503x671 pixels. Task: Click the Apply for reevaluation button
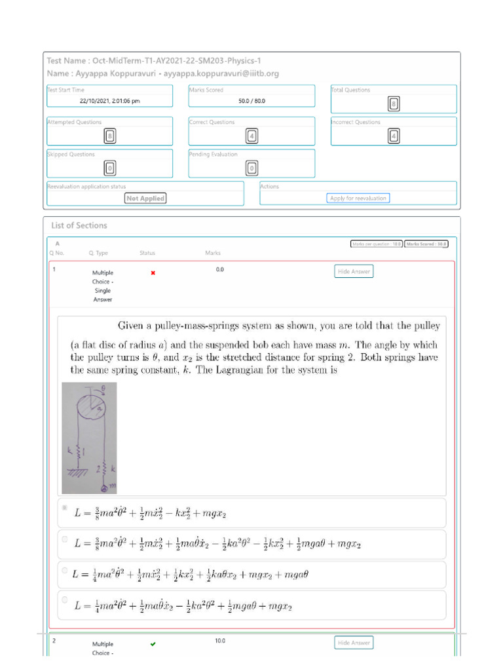[358, 198]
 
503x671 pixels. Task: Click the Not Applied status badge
[145, 198]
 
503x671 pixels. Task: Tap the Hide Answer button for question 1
[354, 271]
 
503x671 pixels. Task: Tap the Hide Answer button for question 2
[354, 643]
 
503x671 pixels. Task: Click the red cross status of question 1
[153, 273]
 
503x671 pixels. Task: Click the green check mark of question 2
[153, 644]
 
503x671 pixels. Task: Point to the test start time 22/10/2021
[109, 102]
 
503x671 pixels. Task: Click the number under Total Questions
[394, 104]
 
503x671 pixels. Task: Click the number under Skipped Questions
[110, 168]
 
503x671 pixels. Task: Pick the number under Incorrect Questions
[394, 136]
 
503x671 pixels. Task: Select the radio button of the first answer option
[64, 508]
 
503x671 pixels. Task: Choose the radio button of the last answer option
[64, 599]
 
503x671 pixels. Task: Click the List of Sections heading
[79, 225]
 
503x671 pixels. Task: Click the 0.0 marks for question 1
[220, 269]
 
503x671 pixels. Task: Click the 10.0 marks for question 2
[220, 641]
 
